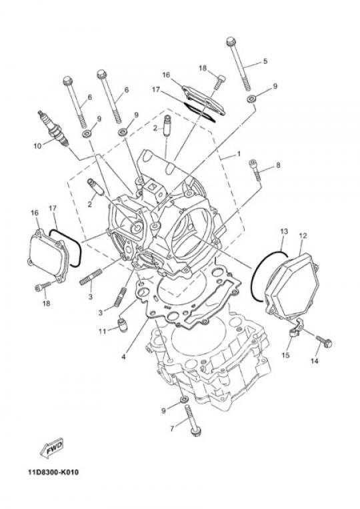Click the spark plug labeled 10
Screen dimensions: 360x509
[x=54, y=129]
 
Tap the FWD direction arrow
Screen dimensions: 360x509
[x=51, y=448]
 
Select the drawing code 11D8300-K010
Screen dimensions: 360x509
[x=53, y=472]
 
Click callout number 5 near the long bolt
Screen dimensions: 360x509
[x=265, y=61]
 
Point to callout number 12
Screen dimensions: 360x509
[x=303, y=236]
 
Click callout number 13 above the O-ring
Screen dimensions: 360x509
[x=283, y=231]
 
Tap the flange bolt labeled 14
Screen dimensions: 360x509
[x=324, y=342]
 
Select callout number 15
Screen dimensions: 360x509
[x=285, y=355]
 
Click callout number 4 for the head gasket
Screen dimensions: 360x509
[x=123, y=356]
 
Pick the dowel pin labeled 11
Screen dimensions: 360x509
[x=123, y=325]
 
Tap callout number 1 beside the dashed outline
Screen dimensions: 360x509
[x=239, y=153]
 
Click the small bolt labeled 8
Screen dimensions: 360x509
[x=255, y=169]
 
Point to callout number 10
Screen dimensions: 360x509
[x=37, y=146]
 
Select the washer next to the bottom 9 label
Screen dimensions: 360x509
[x=183, y=398]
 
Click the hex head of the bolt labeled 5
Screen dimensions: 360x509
[x=231, y=42]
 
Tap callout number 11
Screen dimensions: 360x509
[x=103, y=331]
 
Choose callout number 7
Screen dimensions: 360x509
[x=172, y=429]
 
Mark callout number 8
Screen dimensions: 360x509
[x=278, y=165]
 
